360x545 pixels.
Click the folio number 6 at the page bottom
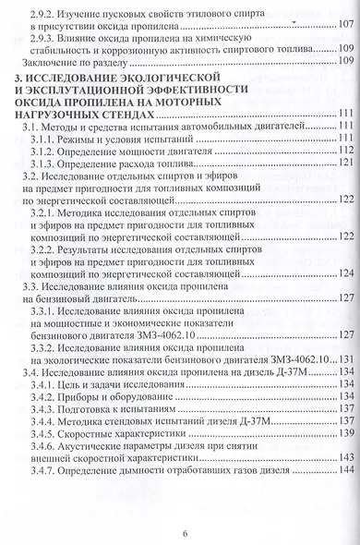185,531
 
